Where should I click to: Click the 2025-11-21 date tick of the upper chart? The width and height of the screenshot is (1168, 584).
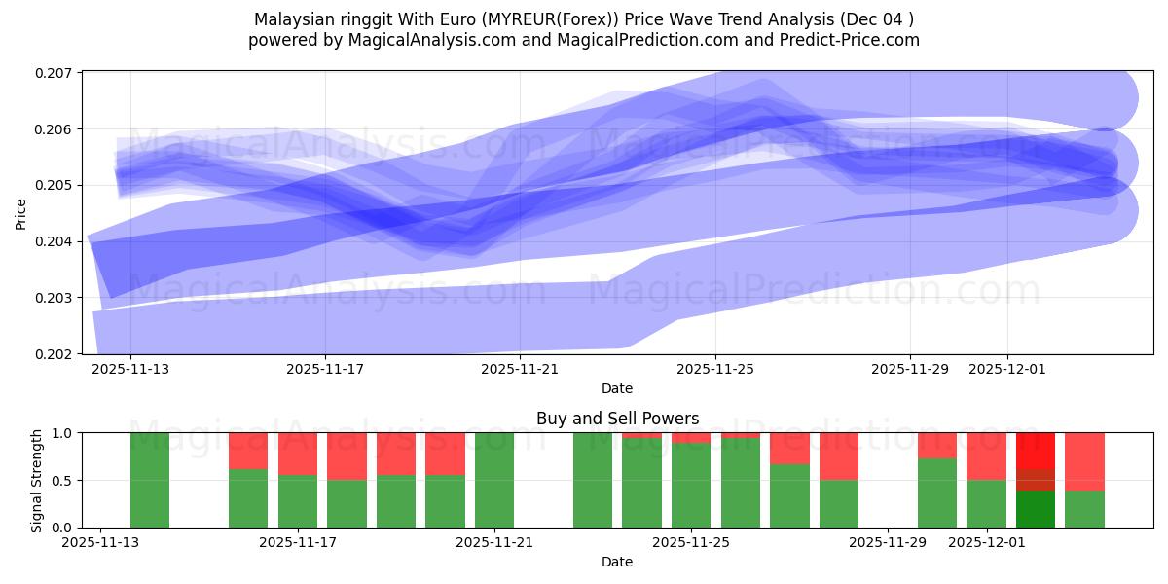coord(520,369)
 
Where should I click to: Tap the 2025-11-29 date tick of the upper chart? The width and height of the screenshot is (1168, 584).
coord(909,369)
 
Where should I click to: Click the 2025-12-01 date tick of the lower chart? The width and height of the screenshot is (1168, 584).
coord(987,542)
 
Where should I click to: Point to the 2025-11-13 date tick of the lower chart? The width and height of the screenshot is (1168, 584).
coord(101,542)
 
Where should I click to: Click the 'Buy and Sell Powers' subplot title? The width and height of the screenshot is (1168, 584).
coord(617,419)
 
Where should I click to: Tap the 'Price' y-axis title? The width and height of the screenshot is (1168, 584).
coord(21,212)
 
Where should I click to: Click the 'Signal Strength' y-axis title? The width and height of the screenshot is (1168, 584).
coord(36,480)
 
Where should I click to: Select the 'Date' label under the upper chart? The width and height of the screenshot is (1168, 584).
coord(617,388)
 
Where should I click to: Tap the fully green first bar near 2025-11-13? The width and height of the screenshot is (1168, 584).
coord(150,480)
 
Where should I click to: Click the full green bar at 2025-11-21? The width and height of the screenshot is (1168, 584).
coord(494,480)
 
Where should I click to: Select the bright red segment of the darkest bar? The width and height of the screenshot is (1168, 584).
coord(1036,450)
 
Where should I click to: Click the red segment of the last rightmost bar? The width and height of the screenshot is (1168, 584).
coord(1084,461)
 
